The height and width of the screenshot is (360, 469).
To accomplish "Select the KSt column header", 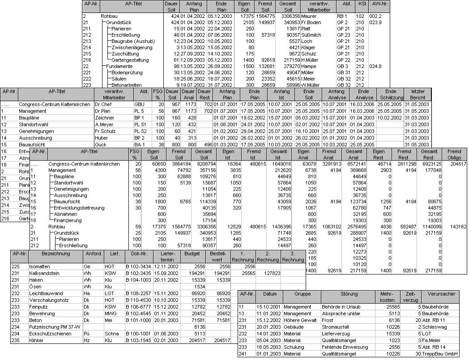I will (361, 6).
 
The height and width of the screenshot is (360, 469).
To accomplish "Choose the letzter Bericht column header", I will (417, 94).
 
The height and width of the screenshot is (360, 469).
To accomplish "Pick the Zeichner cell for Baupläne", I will (104, 118).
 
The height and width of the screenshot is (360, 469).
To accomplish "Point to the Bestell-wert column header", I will (218, 257).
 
